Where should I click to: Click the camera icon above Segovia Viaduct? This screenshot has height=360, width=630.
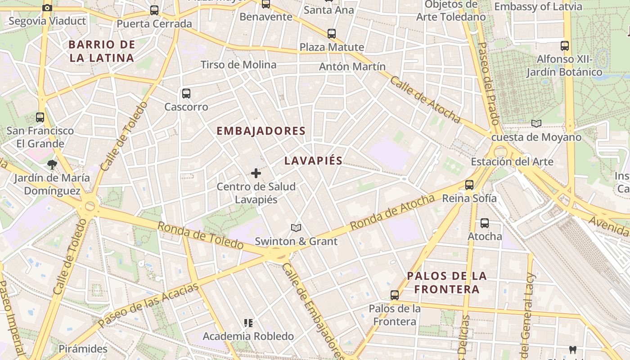[47, 8]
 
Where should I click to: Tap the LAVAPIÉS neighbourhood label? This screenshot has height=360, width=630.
[313, 161]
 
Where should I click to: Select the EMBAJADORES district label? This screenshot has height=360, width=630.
[261, 131]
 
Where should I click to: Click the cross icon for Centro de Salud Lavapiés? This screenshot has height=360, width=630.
[256, 173]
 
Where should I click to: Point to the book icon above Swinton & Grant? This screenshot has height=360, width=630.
[296, 228]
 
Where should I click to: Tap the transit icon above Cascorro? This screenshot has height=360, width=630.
[186, 94]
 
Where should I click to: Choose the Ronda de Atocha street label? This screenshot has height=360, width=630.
[392, 212]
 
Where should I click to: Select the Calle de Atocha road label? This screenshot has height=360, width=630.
[425, 99]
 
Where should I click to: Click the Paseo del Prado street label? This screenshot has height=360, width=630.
[488, 83]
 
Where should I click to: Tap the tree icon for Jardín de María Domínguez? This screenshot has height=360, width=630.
[52, 165]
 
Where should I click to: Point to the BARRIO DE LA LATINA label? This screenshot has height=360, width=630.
[102, 51]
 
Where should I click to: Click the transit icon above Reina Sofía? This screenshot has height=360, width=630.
[469, 185]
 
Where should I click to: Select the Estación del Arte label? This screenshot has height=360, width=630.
[512, 162]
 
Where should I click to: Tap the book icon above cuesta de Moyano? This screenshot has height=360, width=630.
[536, 123]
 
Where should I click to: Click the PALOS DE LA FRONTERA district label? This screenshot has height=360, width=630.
[446, 282]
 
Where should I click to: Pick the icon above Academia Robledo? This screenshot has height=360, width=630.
[248, 323]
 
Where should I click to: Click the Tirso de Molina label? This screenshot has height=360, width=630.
[238, 65]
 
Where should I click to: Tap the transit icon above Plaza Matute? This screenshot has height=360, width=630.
[332, 33]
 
